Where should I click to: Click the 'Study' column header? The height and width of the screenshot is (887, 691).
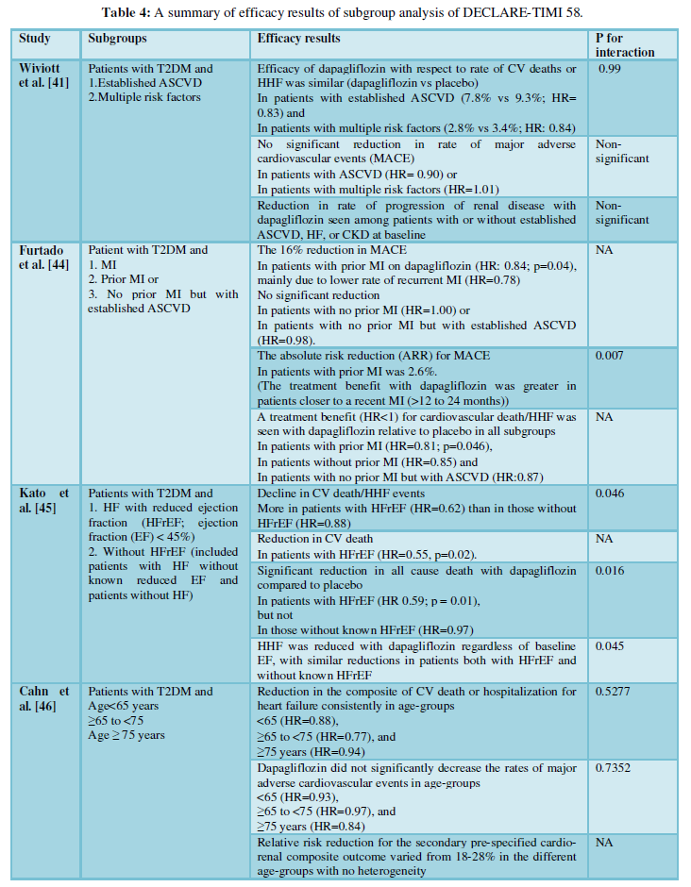pos(35,39)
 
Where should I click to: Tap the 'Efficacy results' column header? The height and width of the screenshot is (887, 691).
pos(299,39)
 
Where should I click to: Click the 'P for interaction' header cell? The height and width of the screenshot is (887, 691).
pos(624,45)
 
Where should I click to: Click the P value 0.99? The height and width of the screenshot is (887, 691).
pos(611,69)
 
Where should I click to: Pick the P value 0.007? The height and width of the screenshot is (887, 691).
pos(610,356)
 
